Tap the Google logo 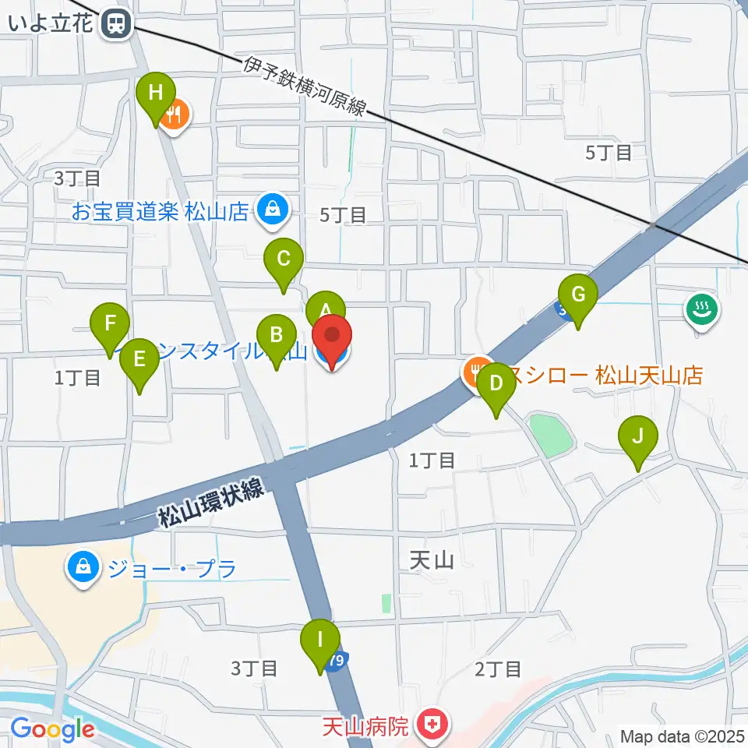pos(52,730)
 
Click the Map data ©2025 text pos(682,736)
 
